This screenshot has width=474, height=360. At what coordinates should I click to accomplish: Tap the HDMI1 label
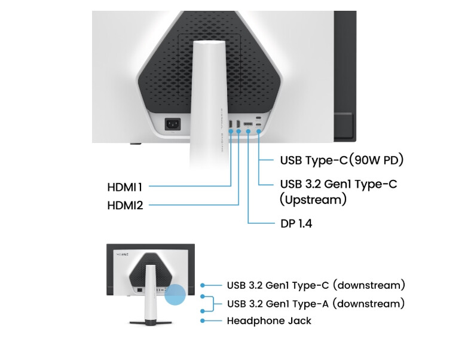tap(125, 187)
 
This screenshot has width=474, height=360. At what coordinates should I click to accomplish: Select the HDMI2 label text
tap(125, 205)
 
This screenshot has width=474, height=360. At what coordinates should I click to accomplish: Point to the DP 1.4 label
tap(296, 224)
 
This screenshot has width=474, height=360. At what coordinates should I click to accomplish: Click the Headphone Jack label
tap(269, 321)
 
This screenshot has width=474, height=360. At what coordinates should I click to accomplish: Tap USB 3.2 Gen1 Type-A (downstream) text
tap(316, 303)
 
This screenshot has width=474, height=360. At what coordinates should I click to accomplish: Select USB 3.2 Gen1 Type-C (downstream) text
tap(316, 285)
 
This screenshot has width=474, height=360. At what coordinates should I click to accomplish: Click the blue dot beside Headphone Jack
tap(203, 321)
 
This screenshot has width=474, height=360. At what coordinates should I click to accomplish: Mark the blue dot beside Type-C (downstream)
tap(203, 285)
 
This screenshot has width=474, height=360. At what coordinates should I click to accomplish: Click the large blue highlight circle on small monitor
tap(176, 294)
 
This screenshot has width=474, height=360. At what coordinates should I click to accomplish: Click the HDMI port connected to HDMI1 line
tap(231, 125)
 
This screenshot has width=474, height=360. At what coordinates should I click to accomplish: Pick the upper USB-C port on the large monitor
tap(258, 117)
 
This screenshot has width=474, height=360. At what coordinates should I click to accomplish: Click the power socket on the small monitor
tap(139, 290)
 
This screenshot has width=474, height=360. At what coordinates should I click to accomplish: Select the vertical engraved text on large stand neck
tap(221, 129)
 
